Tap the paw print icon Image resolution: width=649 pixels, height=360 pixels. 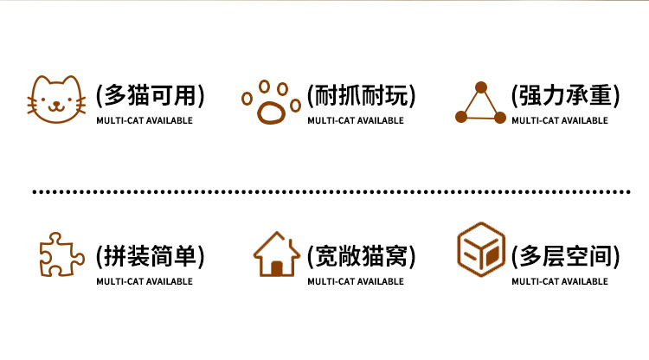(x=271, y=103)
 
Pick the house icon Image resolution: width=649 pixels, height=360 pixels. (x=276, y=254)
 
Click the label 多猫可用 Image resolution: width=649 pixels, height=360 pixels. (x=151, y=94)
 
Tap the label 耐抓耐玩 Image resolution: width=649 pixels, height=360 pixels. (x=361, y=94)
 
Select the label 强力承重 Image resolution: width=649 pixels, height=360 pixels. (x=565, y=94)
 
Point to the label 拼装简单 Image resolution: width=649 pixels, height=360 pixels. (x=151, y=255)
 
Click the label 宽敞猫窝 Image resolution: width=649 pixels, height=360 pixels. (x=361, y=255)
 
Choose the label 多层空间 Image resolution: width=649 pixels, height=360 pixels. (x=565, y=255)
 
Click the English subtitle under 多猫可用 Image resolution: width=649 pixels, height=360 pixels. (x=145, y=120)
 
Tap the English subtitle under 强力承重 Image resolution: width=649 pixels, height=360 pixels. (x=560, y=120)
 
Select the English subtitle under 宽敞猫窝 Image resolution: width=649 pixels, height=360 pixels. (x=356, y=281)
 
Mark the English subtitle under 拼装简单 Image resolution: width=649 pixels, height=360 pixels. (x=145, y=281)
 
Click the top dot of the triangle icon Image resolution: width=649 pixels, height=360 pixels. (x=481, y=87)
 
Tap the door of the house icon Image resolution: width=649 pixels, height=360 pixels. (x=276, y=267)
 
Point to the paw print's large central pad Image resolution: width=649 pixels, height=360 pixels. (x=272, y=112)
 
